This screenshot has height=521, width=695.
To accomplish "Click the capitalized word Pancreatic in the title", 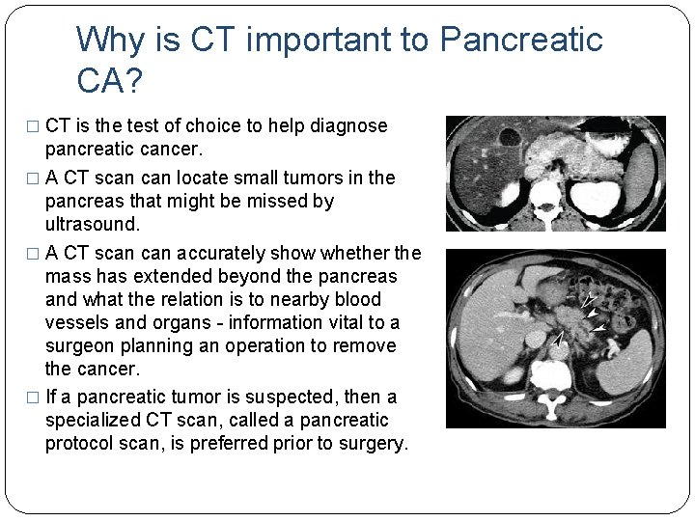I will click(521, 41).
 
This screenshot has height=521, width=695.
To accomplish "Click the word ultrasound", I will click(93, 224).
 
